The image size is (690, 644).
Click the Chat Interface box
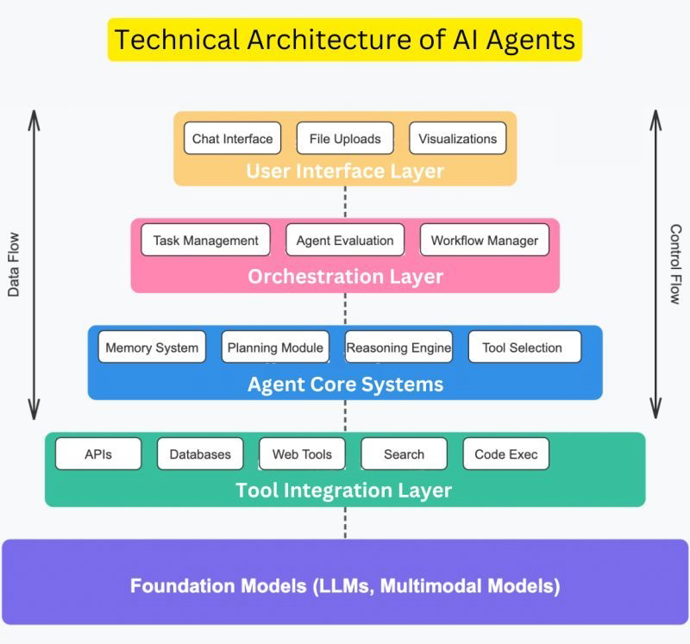click(232, 138)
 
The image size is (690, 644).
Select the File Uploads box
click(345, 138)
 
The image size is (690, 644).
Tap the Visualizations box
click(458, 138)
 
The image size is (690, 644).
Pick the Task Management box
click(205, 240)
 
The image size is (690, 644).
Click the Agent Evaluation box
click(345, 240)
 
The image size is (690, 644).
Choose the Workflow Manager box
click(485, 240)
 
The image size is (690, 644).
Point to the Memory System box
click(152, 347)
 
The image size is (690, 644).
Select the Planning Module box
click(275, 347)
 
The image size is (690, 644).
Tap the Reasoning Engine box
click(398, 347)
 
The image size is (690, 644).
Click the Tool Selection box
click(524, 347)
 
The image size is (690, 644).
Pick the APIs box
click(98, 453)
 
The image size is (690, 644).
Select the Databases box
click(200, 453)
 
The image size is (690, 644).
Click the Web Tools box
click(303, 453)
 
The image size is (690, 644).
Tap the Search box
click(404, 453)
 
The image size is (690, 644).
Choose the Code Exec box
click(506, 453)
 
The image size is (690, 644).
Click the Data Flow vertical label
click(14, 265)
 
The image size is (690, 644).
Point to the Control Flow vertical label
click(675, 264)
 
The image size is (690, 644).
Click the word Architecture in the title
click(329, 40)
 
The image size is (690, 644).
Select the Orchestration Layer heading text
click(346, 277)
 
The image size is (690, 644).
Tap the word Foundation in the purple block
click(218, 586)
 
